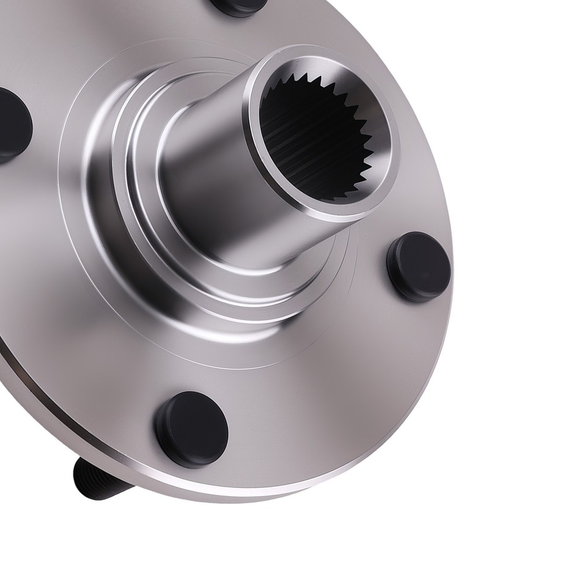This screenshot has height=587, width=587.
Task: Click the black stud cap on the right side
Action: click(419, 267)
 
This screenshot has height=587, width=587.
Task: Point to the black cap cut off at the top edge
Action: click(240, 6)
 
